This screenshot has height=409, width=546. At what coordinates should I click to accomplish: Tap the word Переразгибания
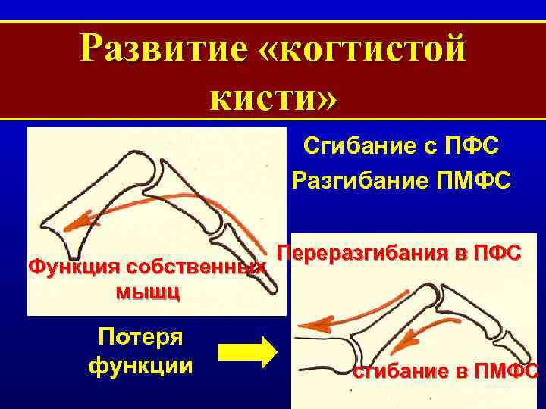click(x=364, y=254)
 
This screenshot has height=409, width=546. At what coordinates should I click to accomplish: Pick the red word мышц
click(x=148, y=292)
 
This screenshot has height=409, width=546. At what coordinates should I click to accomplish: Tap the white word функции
click(x=140, y=366)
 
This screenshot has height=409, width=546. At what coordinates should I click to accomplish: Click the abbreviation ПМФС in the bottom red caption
click(x=505, y=371)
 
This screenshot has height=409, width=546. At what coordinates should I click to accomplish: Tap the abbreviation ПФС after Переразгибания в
click(x=494, y=254)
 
